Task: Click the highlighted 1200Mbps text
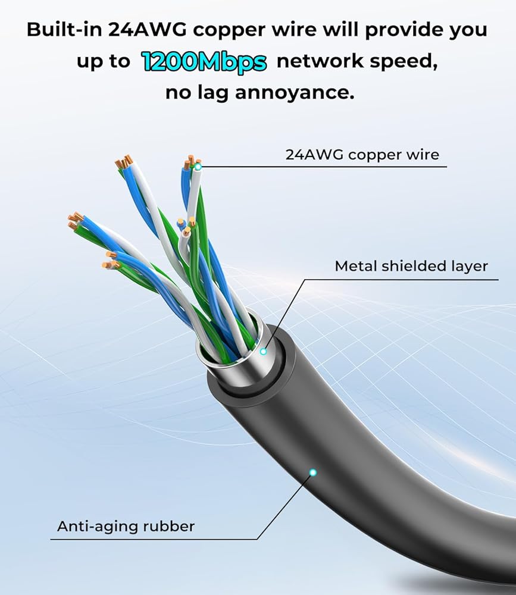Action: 204,62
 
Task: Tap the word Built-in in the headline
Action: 64,30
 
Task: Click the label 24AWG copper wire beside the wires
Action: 362,155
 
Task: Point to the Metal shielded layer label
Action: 411,266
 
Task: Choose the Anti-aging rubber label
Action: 126,527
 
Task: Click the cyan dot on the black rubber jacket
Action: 313,472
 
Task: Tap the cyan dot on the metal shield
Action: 263,352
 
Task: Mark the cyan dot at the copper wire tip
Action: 198,167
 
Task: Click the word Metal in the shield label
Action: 356,266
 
